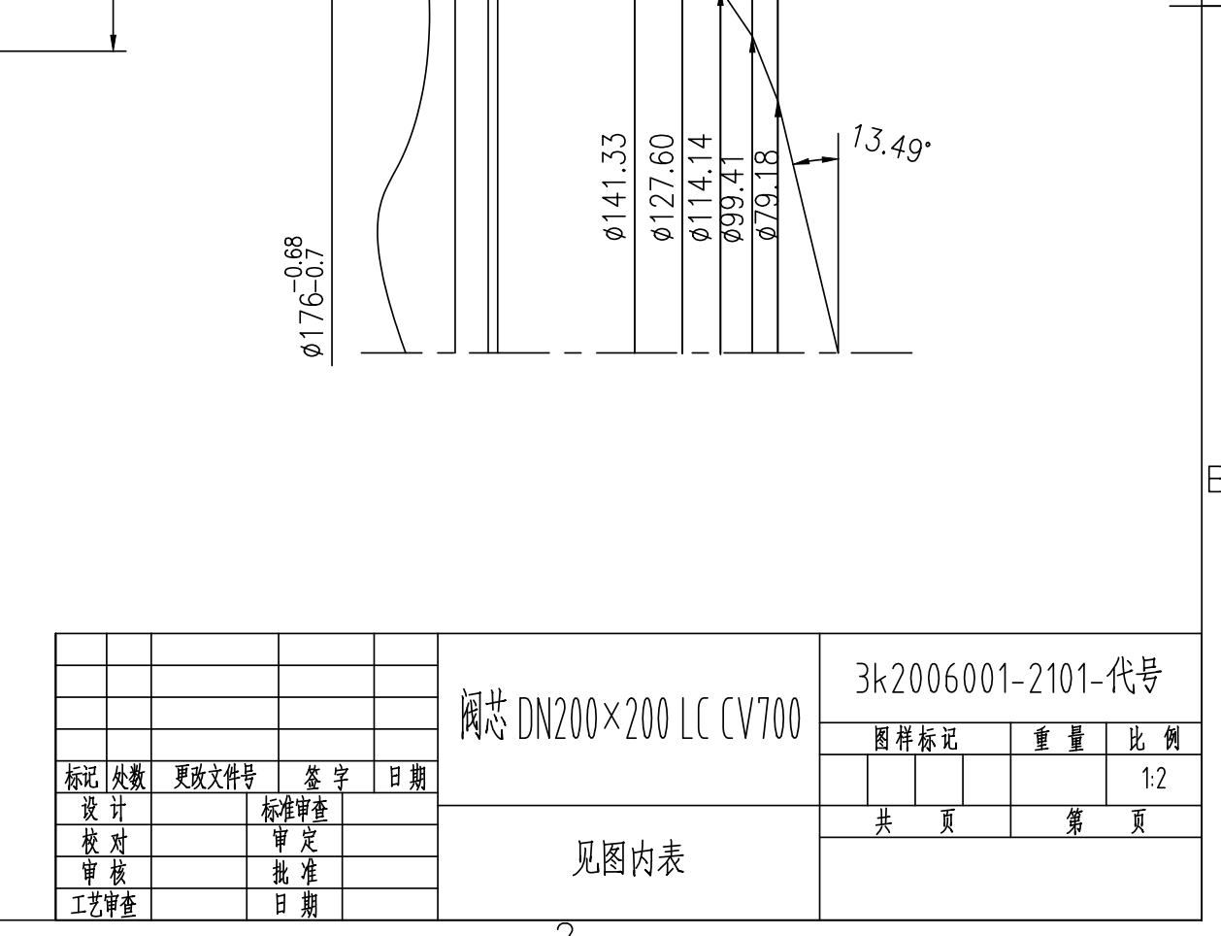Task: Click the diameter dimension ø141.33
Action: click(x=615, y=186)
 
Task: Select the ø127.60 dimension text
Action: click(x=662, y=186)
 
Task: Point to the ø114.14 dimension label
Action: click(x=701, y=186)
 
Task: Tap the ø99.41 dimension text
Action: click(x=734, y=198)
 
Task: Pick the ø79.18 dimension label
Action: click(x=767, y=194)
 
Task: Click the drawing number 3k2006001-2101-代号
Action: click(x=1008, y=679)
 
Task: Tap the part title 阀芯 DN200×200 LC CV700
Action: click(x=630, y=719)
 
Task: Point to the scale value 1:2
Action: click(x=1154, y=779)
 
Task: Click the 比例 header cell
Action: click(x=1154, y=740)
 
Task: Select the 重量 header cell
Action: click(x=1059, y=740)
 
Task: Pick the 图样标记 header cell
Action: click(x=915, y=740)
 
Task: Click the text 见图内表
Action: click(x=628, y=858)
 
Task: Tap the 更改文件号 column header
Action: click(x=214, y=777)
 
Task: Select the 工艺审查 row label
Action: click(x=104, y=906)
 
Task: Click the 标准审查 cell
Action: click(x=294, y=809)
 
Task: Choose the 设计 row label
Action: click(x=104, y=809)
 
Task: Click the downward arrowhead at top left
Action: click(x=113, y=42)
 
